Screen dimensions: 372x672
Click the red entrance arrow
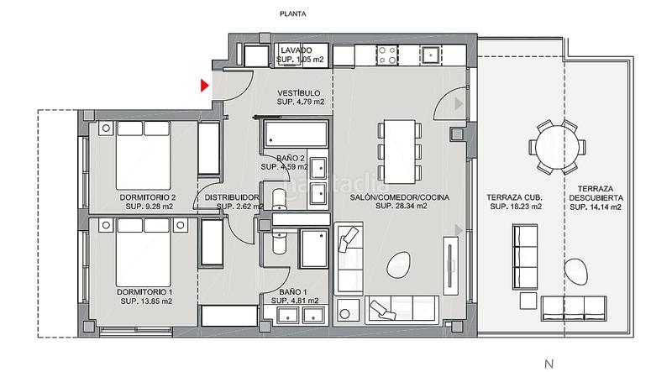(x=204, y=84)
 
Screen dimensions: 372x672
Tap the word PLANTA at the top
(x=293, y=14)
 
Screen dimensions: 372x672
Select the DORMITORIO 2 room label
(x=149, y=198)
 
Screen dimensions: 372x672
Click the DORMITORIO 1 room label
(x=145, y=292)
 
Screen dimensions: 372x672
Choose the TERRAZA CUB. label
(x=514, y=198)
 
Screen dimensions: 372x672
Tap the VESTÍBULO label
(x=300, y=93)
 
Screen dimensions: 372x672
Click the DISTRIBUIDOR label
(x=226, y=198)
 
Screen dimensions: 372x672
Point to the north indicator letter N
(x=549, y=363)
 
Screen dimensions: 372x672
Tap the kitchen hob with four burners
(x=388, y=55)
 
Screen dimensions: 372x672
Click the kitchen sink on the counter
(x=429, y=55)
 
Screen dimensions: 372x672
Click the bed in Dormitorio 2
(x=144, y=152)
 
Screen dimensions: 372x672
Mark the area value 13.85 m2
(x=146, y=301)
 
